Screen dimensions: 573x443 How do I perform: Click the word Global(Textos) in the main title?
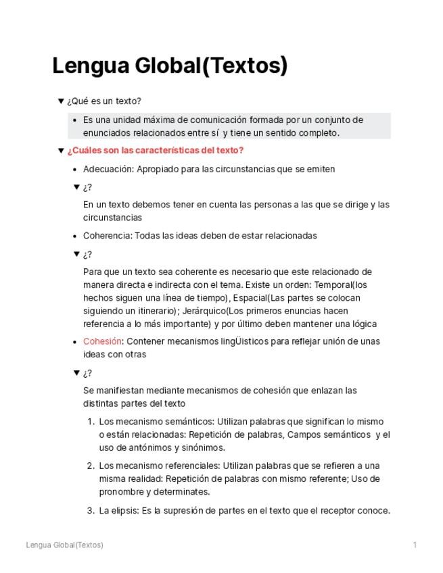pyautogui.click(x=212, y=66)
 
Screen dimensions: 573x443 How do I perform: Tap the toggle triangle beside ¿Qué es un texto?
pyautogui.click(x=61, y=101)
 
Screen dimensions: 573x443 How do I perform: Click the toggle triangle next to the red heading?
pyautogui.click(x=61, y=151)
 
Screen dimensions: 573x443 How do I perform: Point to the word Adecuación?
pyautogui.click(x=108, y=169)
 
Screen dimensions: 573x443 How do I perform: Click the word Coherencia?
pyautogui.click(x=107, y=236)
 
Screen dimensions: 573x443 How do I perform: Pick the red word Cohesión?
pyautogui.click(x=102, y=341)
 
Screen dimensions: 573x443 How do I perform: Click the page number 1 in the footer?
pyautogui.click(x=415, y=545)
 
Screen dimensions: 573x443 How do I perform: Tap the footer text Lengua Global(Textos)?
pyautogui.click(x=64, y=545)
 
